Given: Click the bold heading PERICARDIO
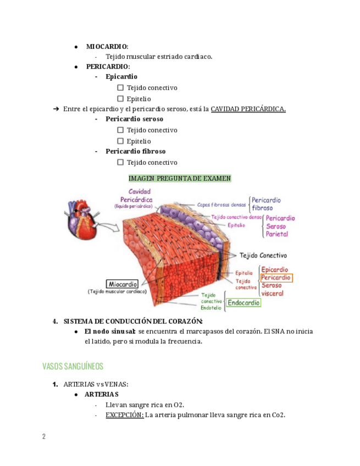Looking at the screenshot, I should (108, 66).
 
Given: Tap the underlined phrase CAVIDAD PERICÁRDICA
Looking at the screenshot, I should (248, 109).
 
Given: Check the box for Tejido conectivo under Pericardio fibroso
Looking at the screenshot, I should (120, 162).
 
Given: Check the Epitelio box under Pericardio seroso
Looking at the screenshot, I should (120, 141).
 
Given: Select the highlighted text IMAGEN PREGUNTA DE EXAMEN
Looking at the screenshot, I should (180, 178).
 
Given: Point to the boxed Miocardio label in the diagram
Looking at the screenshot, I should (122, 284).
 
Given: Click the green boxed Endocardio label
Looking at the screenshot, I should (243, 302).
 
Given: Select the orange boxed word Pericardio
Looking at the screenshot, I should (276, 278).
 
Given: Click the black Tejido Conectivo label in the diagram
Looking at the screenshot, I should (263, 255).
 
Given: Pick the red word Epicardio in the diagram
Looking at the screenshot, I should (275, 269).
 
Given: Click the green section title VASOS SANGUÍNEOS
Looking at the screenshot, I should (73, 366).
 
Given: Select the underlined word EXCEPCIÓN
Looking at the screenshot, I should (125, 415).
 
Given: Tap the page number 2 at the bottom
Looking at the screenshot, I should (44, 436).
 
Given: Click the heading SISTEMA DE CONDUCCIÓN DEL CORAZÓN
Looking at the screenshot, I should (133, 321).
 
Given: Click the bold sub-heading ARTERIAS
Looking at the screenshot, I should (101, 394).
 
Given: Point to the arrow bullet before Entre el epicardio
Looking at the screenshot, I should (56, 109).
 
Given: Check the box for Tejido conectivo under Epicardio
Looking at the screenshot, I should (120, 88).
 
